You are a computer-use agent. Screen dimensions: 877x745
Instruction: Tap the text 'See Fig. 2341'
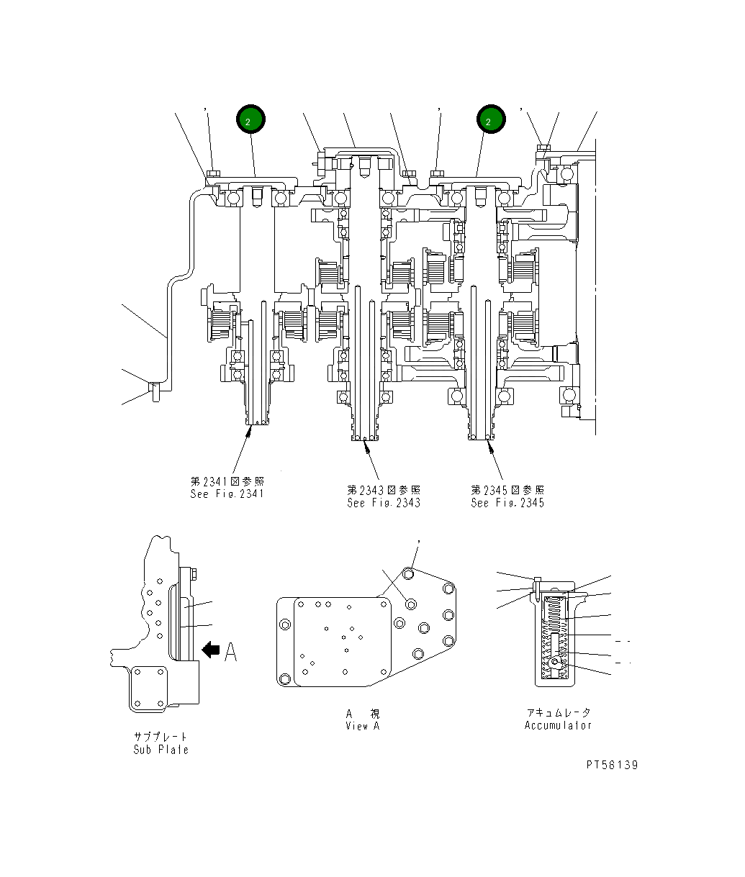pos(227,494)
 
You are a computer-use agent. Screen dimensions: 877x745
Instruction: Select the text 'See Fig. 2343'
pos(384,503)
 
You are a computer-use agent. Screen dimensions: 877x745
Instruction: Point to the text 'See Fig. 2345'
pos(507,503)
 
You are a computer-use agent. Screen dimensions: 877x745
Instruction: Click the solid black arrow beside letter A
pos(211,650)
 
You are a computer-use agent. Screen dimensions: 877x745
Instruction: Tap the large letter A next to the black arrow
pos(230,652)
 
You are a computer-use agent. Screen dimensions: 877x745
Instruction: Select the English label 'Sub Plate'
pos(161,749)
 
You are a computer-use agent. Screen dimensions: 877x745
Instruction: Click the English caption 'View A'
pos(362,725)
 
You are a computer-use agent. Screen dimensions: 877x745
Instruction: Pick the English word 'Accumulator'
pos(558,725)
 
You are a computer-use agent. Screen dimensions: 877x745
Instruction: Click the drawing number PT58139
pos(611,765)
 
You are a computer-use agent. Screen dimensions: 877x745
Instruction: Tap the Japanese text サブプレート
pos(161,737)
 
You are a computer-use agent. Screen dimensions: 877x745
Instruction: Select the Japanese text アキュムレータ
pos(558,713)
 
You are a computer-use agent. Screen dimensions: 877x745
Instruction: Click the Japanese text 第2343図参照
pos(384,490)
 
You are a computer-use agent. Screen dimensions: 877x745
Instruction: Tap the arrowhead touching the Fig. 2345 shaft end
pos(490,445)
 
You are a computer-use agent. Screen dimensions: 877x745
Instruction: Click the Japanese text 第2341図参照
pos(227,481)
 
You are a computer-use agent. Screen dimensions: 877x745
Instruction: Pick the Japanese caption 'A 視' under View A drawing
pos(362,714)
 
